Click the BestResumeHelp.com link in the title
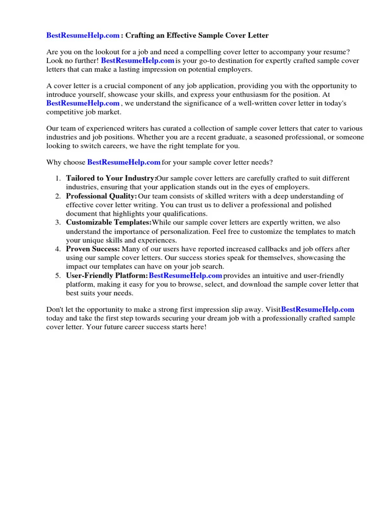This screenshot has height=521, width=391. coord(83,36)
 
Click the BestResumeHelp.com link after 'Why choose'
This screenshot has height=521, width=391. coord(124,162)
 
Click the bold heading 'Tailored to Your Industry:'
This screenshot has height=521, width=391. coord(111,179)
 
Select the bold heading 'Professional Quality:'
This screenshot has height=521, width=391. coord(101,196)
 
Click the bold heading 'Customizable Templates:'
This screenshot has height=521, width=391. coord(108,222)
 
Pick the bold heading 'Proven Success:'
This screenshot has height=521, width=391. coord(93,249)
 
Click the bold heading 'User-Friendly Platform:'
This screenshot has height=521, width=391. coord(106,275)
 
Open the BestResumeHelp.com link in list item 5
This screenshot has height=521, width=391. coord(185,275)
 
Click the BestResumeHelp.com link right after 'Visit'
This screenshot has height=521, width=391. coord(317,309)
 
